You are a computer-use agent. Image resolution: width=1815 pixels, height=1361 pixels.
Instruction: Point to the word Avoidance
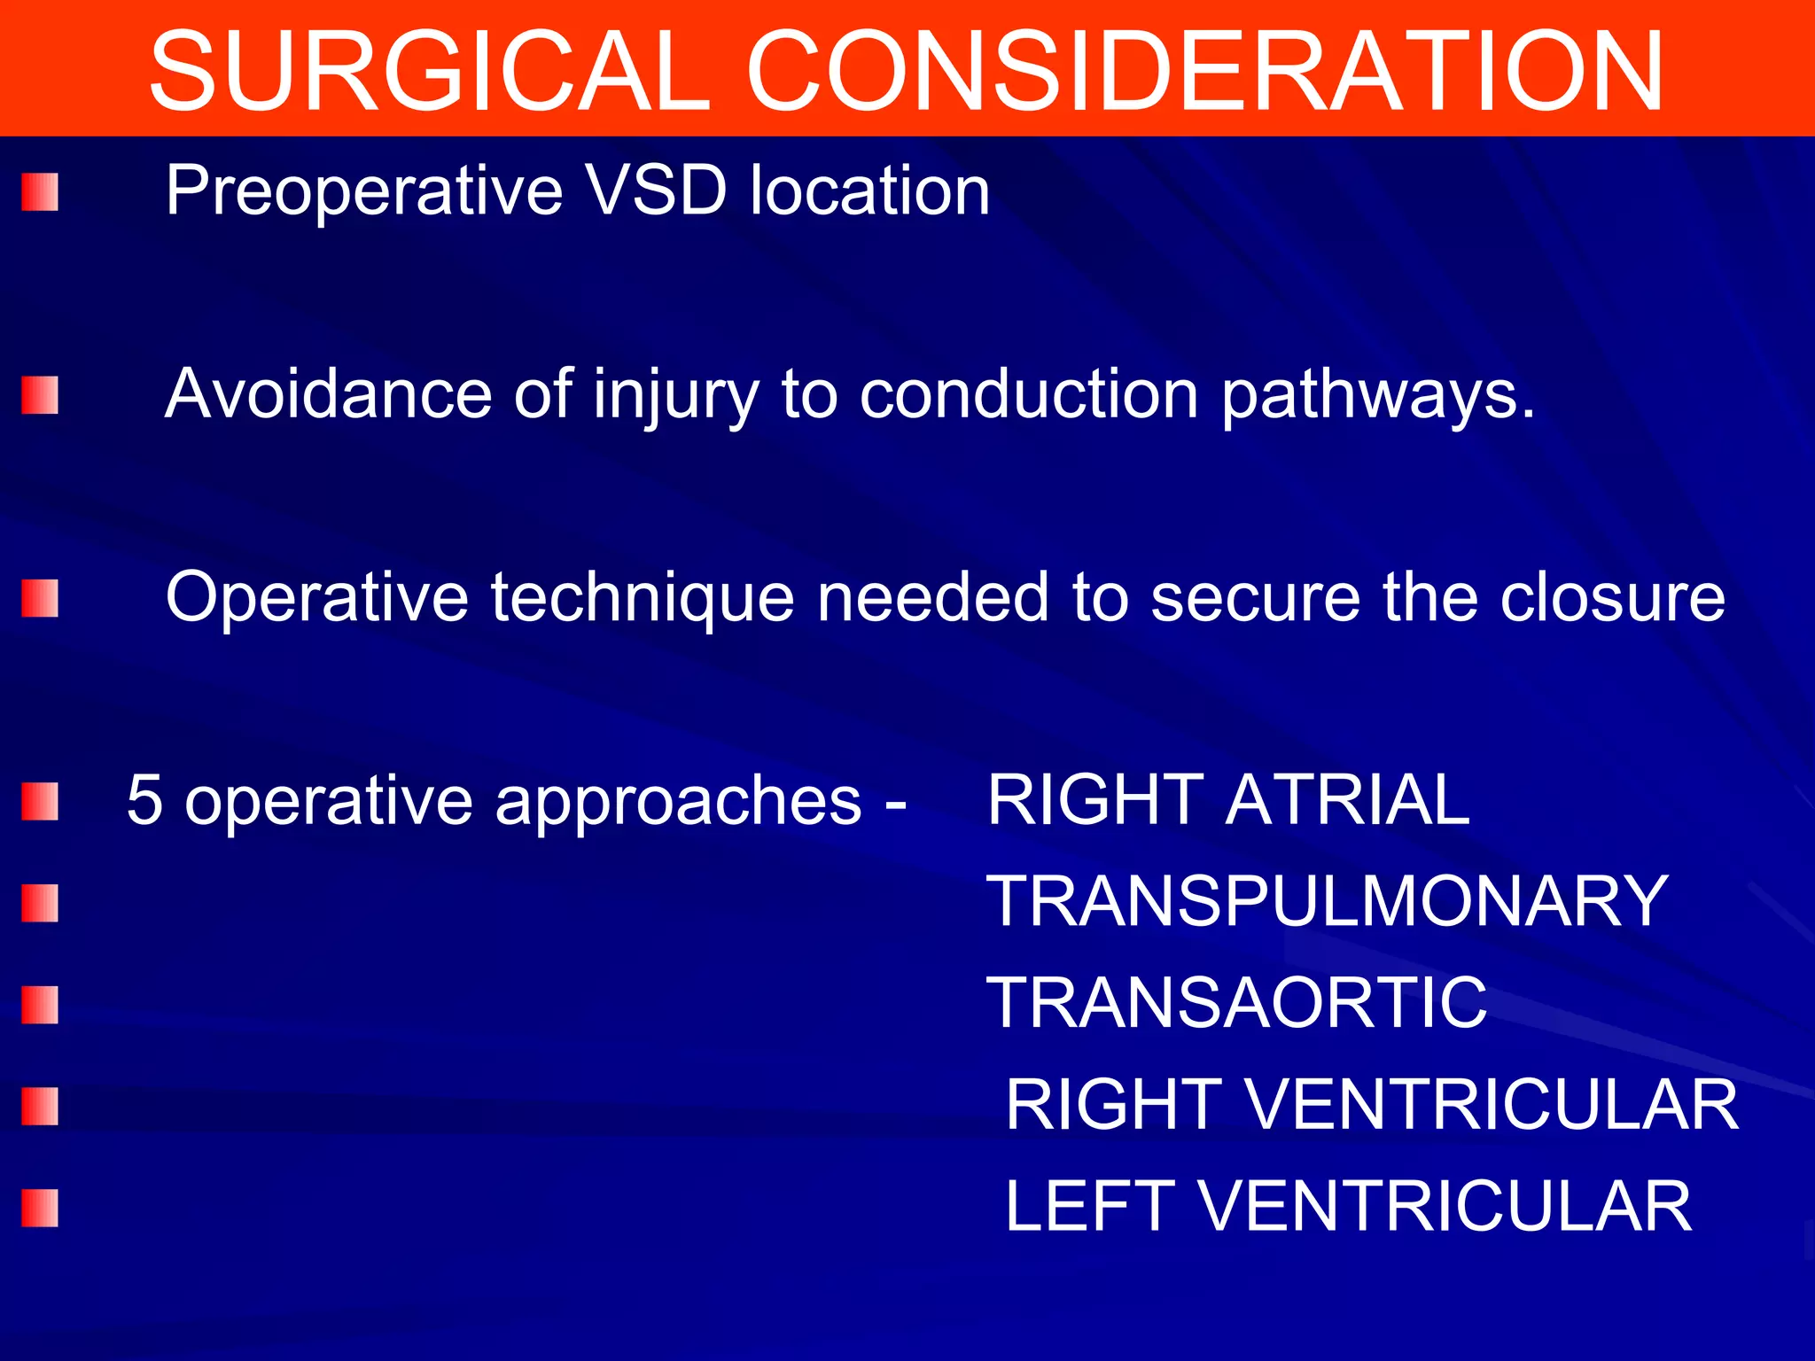[328, 393]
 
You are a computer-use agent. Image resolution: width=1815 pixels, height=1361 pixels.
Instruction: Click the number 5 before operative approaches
[145, 800]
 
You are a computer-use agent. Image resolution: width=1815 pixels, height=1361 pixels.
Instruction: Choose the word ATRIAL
[1347, 799]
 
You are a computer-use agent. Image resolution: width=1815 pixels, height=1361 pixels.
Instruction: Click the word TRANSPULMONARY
[1327, 901]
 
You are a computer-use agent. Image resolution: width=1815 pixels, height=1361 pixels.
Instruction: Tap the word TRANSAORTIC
[1236, 1003]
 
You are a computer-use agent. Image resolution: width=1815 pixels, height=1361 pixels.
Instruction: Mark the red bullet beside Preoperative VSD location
[40, 192]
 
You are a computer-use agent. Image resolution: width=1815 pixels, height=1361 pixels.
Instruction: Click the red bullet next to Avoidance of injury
[40, 395]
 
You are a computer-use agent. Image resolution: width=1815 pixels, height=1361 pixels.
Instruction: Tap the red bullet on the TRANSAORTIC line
[40, 1005]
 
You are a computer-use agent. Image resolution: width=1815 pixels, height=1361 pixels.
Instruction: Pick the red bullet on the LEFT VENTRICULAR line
[40, 1208]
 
